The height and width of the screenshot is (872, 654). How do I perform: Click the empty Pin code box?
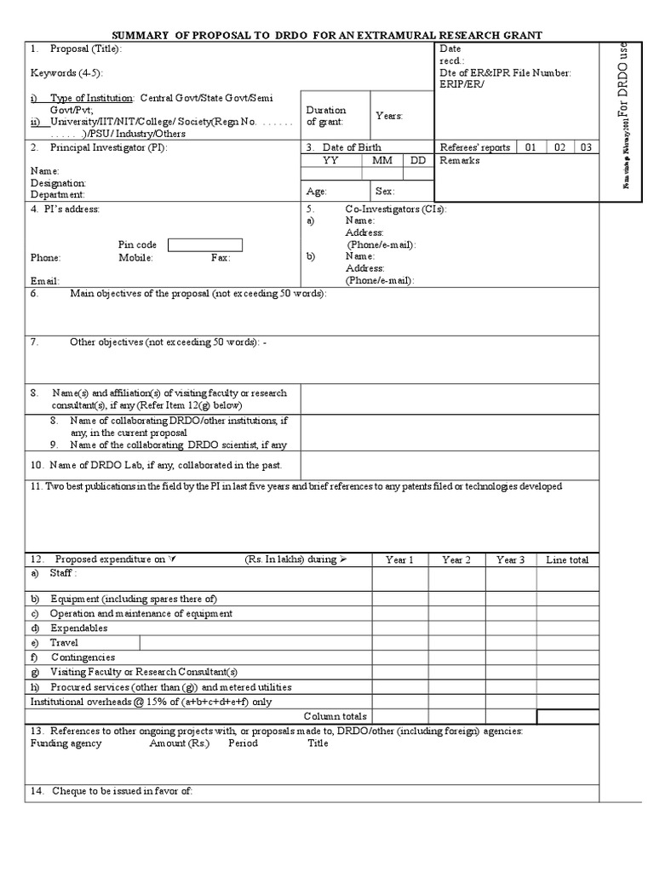coord(205,245)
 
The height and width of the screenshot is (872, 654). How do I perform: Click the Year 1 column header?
coord(399,559)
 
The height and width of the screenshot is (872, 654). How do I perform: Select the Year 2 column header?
coord(456,559)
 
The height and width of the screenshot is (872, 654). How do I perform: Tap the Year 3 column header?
coord(511,559)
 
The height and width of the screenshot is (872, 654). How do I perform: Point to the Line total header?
coord(567,559)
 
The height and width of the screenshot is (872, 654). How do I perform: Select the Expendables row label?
coord(78,628)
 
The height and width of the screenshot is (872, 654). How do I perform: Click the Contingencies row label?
coord(83,657)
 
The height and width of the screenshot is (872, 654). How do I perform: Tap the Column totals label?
coord(336,716)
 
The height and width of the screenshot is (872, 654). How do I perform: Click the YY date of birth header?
coord(330,160)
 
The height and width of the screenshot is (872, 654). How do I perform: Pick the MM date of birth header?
coord(382,160)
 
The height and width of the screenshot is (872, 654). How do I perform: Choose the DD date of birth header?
coord(418,160)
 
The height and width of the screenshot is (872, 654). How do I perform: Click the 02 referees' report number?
coord(559,147)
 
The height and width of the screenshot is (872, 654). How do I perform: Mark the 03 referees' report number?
coord(586,147)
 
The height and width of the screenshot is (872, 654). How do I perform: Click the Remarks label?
coord(460,160)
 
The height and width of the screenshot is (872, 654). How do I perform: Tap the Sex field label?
coord(385,192)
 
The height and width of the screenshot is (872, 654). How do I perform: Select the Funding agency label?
coord(66,743)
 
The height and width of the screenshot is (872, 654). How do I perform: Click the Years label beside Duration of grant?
coord(389,116)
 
